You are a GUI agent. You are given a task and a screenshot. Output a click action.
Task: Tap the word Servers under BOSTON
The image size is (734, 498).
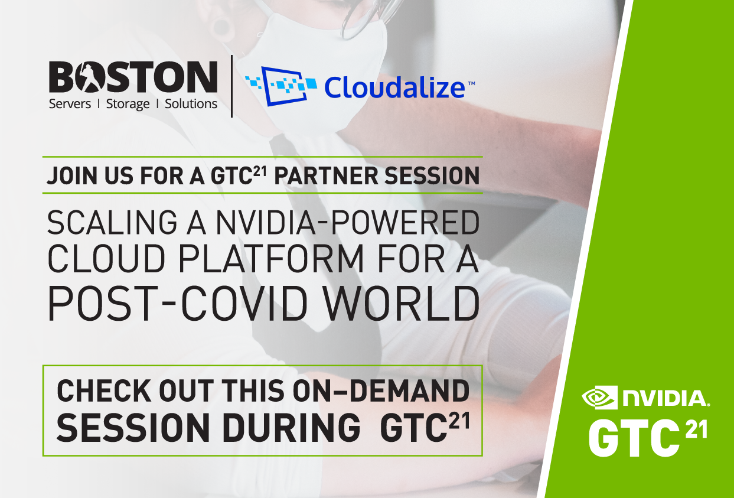(70, 105)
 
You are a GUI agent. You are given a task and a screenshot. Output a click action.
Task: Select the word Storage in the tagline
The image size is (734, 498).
(128, 105)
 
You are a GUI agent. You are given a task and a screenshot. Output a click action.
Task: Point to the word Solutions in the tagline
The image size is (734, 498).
(191, 104)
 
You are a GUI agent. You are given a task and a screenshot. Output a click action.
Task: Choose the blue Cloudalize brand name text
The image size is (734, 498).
(394, 88)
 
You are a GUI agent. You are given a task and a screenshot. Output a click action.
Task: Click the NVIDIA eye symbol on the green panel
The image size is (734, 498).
(598, 397)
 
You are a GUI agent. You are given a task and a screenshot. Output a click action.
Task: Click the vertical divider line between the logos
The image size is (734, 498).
(231, 86)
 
